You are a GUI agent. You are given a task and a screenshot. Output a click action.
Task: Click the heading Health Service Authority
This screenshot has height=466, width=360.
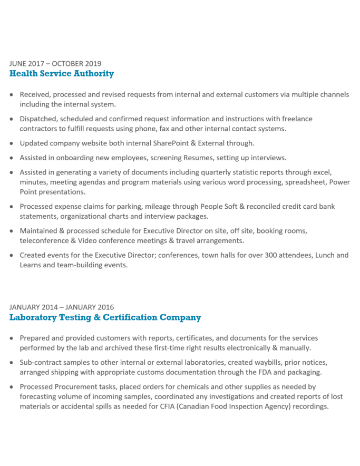tap(62, 74)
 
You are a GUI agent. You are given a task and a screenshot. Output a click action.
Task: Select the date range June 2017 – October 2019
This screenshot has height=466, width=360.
tap(55, 64)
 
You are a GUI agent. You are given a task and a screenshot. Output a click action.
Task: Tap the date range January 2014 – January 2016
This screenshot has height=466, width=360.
tap(62, 307)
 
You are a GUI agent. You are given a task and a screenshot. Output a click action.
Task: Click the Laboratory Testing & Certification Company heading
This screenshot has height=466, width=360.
tap(105, 318)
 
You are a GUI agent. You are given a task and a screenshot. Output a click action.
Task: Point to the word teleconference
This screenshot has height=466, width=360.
tap(45, 240)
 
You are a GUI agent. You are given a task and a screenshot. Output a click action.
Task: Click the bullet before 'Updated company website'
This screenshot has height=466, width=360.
tap(12, 143)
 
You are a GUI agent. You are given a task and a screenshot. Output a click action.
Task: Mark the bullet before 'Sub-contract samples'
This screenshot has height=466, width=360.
tap(12, 363)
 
